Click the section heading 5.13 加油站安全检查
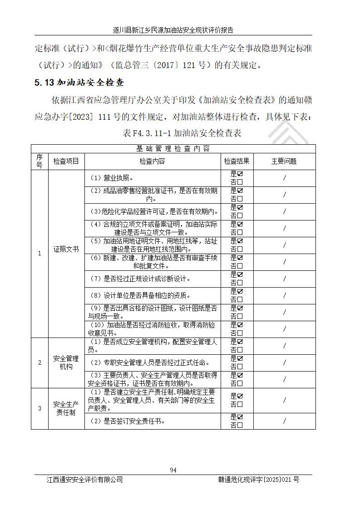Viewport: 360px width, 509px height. pos(79,83)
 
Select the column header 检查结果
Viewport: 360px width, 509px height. pos(237,161)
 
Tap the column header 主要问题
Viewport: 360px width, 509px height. pos(284,161)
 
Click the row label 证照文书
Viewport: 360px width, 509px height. pos(66,249)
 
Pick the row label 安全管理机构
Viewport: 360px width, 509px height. pos(66,362)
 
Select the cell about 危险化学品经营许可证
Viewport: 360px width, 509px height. pos(153,212)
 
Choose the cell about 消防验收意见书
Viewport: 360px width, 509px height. pos(153,329)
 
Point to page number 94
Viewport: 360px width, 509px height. pos(173,470)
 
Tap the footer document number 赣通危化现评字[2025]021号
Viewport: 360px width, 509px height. pos(258,480)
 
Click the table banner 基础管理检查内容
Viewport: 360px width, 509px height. pos(173,149)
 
